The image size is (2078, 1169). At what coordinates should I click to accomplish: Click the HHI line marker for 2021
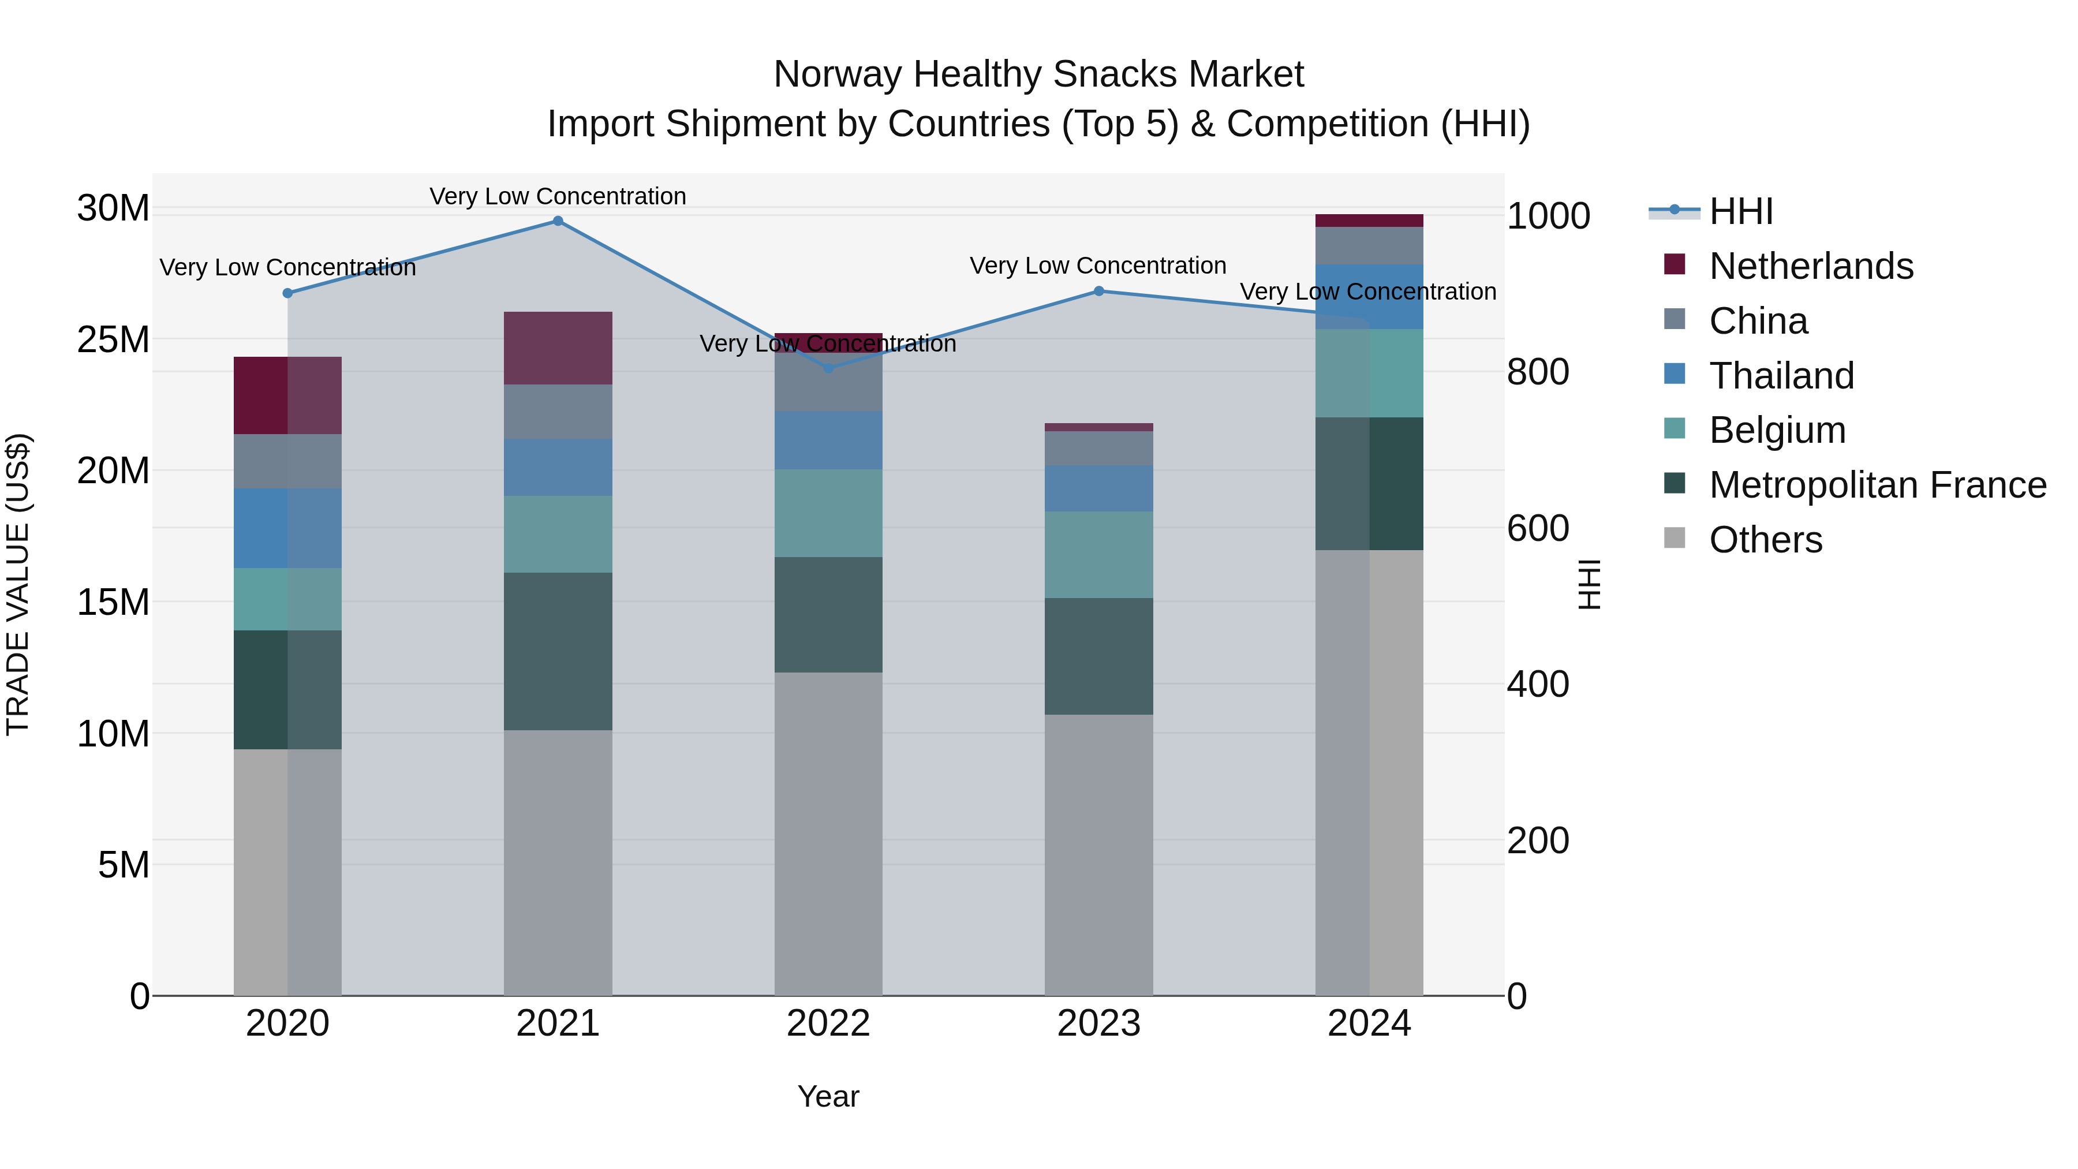pos(558,221)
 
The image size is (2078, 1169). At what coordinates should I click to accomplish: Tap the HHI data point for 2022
pos(828,368)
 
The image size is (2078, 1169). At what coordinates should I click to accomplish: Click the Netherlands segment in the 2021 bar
pos(558,348)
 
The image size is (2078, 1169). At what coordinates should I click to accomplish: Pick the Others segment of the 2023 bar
pos(1098,854)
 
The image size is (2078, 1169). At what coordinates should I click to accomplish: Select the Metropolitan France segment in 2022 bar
pos(828,614)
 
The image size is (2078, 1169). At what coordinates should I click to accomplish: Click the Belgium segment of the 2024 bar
pos(1369,373)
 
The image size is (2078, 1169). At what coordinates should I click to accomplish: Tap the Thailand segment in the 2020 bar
pos(287,528)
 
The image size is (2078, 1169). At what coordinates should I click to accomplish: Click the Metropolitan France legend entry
pos(1877,485)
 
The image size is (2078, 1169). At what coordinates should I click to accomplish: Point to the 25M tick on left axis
pos(113,339)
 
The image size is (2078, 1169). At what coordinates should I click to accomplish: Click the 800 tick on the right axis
pos(1538,372)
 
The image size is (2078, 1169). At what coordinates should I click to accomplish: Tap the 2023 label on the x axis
pos(1098,1024)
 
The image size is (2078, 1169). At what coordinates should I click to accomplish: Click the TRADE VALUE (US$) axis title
pos(18,584)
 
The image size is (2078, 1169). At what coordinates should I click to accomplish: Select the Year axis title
pos(828,1096)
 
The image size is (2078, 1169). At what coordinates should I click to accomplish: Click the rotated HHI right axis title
pos(1589,584)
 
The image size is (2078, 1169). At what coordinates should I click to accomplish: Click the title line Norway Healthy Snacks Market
pos(1038,74)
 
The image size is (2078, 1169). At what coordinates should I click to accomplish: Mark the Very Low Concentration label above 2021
pos(558,196)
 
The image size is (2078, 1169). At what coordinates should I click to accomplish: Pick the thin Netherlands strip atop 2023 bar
pos(1098,427)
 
